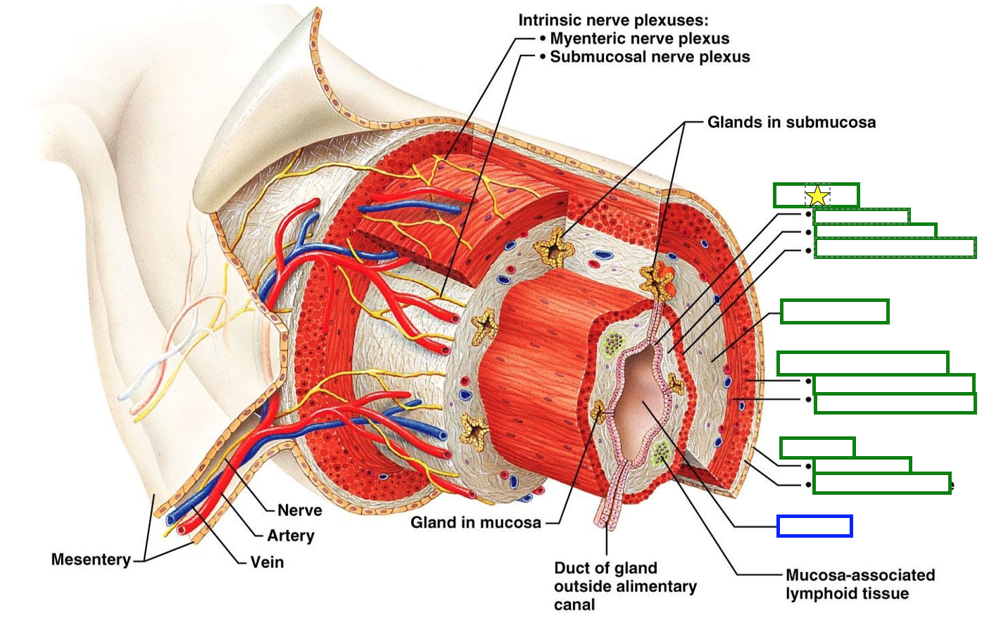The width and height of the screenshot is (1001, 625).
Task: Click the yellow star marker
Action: coord(817,196)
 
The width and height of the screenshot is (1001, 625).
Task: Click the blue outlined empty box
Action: coord(814,526)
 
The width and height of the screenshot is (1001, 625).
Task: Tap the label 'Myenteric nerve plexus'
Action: coord(639,39)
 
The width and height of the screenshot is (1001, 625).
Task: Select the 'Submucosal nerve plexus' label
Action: coord(650,57)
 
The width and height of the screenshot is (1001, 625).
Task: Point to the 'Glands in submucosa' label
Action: coord(791,122)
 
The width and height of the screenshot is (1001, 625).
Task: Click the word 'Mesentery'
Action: coord(91,560)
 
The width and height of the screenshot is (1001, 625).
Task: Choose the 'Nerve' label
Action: coord(299,510)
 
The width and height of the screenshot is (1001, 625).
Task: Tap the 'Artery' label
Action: coord(290,536)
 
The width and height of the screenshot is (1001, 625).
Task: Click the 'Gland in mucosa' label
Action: coord(476,522)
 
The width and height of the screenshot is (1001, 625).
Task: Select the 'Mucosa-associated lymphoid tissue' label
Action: coord(860,584)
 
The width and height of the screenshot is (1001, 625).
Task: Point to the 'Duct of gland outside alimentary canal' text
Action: coord(625,586)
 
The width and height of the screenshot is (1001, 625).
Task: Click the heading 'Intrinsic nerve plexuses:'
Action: coord(613,20)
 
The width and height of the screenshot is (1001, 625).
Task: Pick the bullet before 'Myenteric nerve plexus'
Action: coord(542,39)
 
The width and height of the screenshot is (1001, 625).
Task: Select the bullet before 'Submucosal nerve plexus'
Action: coord(542,57)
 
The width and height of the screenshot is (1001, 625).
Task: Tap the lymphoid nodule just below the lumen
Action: coord(661,451)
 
